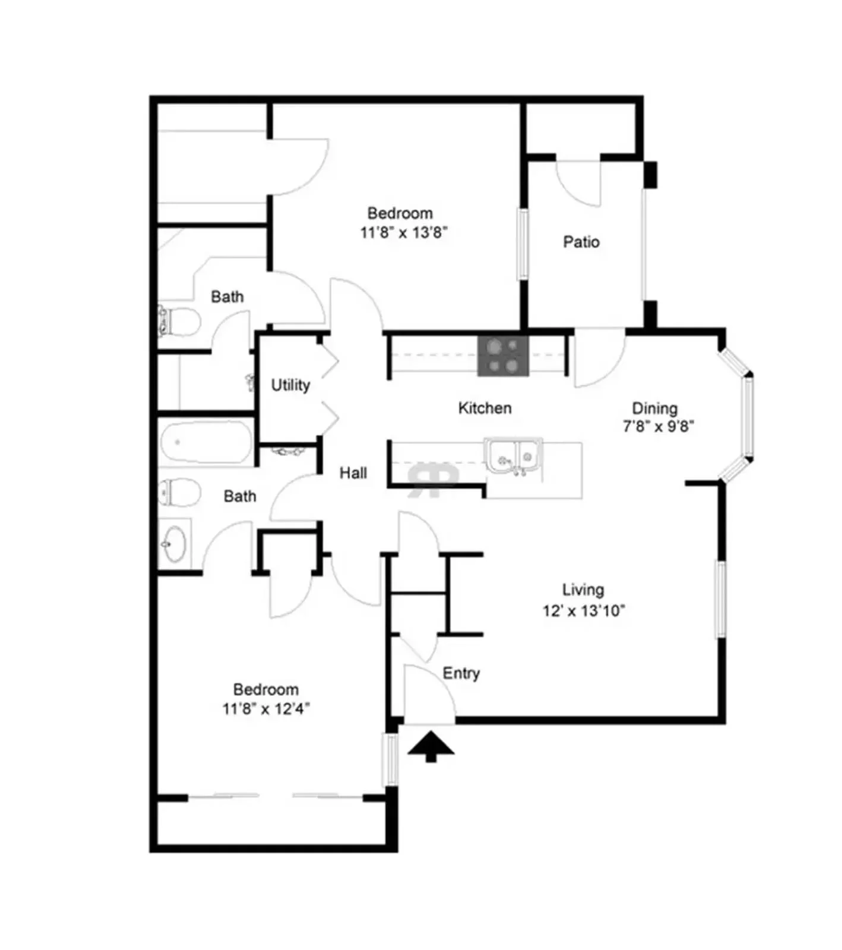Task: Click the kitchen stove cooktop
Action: pos(503,356)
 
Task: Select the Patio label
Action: pos(581,242)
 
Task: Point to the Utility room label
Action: pos(290,385)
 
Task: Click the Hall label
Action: pos(353,473)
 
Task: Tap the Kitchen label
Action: pos(485,408)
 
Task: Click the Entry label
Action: pos(461,673)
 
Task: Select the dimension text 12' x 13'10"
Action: pos(584,610)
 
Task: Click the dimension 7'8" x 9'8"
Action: pos(658,426)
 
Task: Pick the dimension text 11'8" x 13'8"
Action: pos(403,232)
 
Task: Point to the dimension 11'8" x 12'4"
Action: pos(266,708)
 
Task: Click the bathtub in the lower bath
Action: pos(205,441)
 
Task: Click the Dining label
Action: pos(654,408)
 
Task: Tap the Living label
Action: pos(583,590)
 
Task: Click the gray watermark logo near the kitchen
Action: pos(432,479)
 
